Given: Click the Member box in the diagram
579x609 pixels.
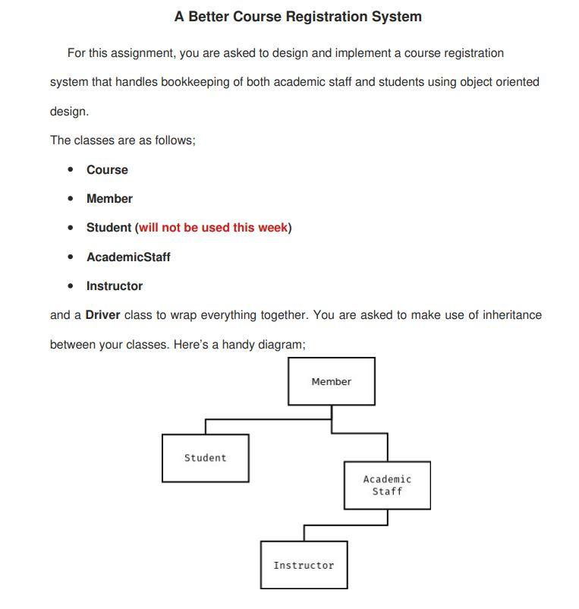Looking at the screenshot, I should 331,381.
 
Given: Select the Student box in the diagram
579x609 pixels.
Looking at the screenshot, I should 205,458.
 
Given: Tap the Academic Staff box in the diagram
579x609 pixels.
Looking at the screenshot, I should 387,485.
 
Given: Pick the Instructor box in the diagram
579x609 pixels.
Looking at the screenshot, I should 304,565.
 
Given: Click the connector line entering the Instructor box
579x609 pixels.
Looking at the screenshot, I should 304,532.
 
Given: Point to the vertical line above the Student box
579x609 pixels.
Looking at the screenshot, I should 205,426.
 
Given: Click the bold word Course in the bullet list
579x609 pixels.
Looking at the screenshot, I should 107,170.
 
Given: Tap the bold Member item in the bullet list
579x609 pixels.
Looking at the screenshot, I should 109,199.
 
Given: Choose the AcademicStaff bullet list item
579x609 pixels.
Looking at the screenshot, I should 128,257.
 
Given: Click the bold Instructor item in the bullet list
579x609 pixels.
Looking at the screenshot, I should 115,286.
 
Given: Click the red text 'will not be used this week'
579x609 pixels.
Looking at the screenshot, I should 213,228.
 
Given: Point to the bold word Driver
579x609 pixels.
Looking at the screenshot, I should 102,315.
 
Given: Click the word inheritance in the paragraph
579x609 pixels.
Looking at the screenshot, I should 511,315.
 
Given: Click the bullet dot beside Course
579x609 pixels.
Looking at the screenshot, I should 71,169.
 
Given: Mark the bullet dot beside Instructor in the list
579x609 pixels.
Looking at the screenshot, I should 71,286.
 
